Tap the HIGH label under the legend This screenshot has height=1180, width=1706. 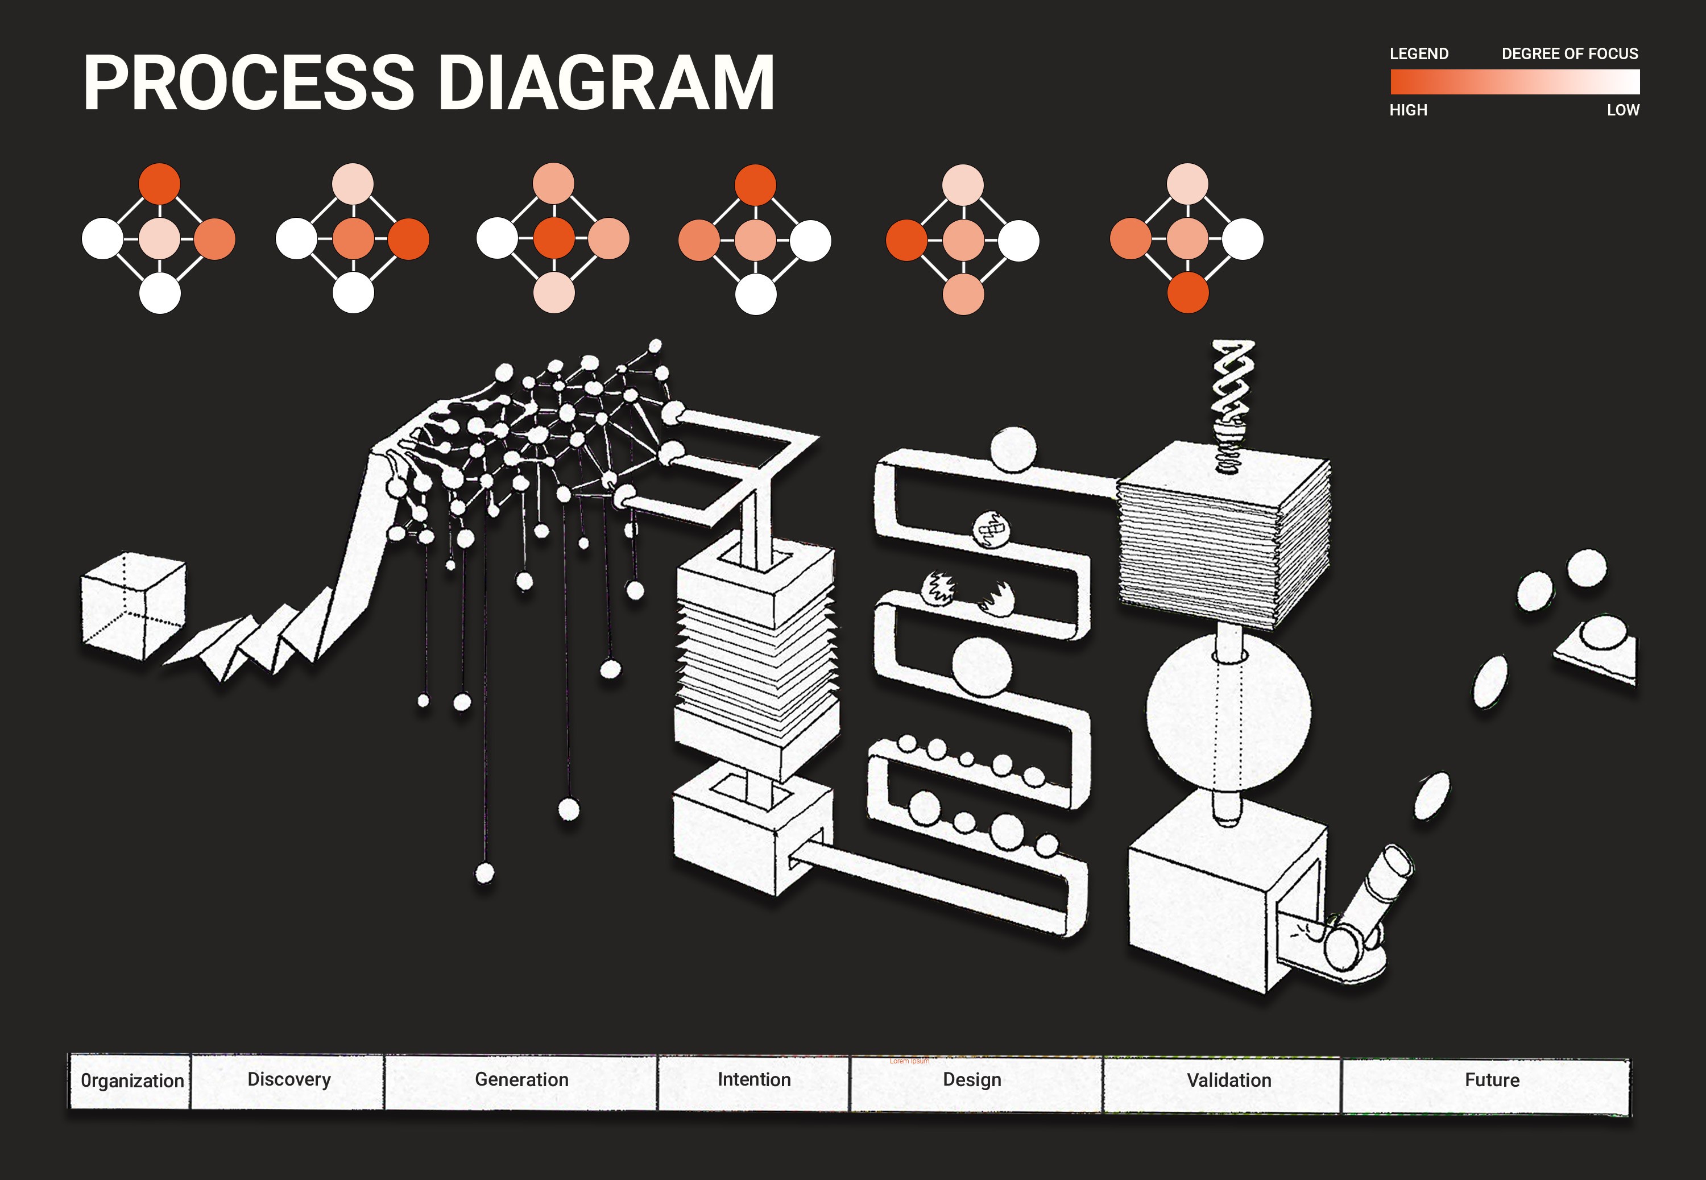click(x=1408, y=110)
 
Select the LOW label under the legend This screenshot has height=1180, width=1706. click(x=1622, y=110)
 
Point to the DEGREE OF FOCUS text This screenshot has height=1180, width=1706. click(x=1570, y=54)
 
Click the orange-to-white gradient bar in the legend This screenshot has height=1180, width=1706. click(x=1514, y=81)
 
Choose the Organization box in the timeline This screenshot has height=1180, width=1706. click(x=131, y=1081)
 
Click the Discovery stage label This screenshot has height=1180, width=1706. click(x=289, y=1079)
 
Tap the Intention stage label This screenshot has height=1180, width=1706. click(x=754, y=1079)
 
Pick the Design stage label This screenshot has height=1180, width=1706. click(x=972, y=1080)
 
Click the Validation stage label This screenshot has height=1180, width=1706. click(x=1228, y=1080)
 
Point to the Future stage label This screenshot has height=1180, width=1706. click(x=1492, y=1080)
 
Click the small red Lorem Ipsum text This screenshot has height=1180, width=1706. click(x=909, y=1061)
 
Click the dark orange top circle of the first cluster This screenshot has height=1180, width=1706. click(x=160, y=183)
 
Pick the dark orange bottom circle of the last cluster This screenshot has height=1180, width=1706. click(x=1188, y=293)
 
